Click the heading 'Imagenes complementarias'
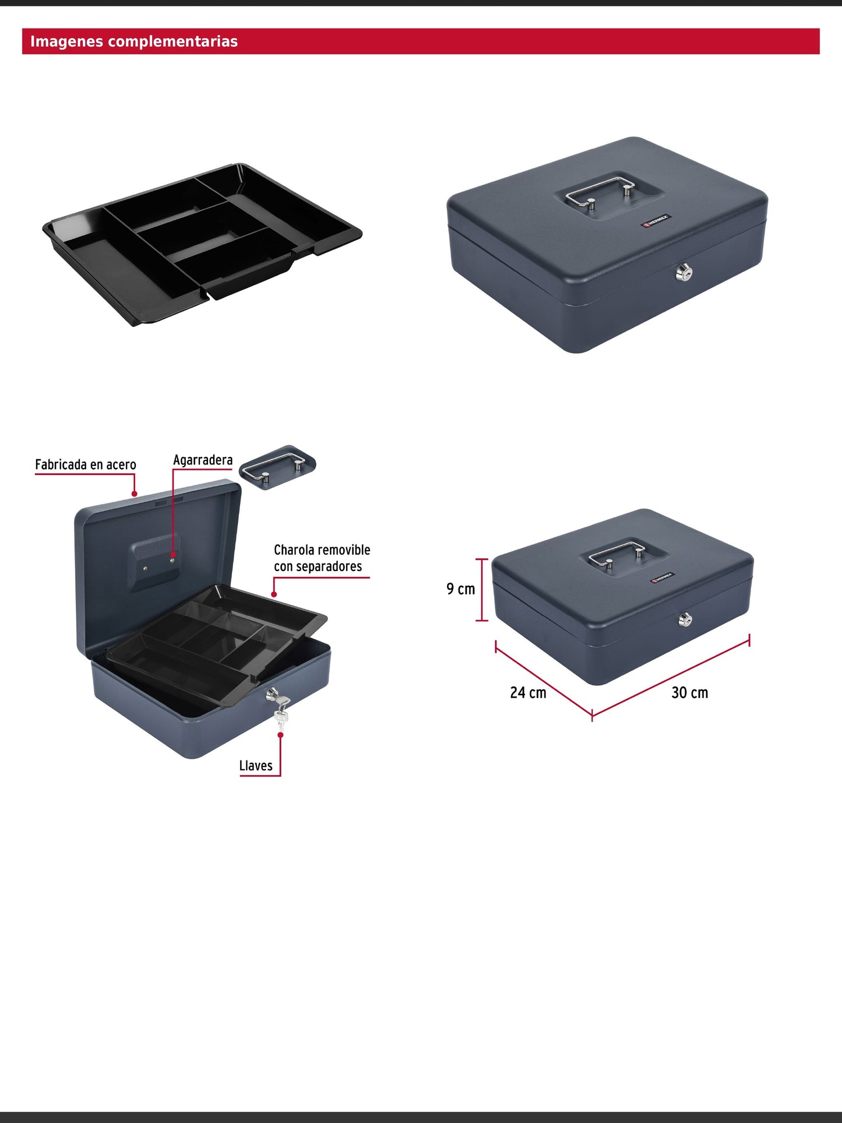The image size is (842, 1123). (x=134, y=41)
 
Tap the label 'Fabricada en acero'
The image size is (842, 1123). (x=86, y=464)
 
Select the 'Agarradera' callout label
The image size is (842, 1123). (x=203, y=460)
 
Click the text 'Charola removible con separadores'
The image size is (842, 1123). (x=322, y=558)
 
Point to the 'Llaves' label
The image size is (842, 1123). (x=256, y=766)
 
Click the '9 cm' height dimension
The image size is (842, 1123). (x=460, y=589)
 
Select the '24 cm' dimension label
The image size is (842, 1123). (x=528, y=693)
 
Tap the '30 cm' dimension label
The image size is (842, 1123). (x=690, y=693)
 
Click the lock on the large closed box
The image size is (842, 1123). (x=683, y=272)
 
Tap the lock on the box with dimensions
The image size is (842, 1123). (x=685, y=620)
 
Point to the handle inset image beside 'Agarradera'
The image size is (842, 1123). (x=278, y=468)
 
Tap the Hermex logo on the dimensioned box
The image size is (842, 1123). (x=662, y=578)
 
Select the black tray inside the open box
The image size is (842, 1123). (x=216, y=641)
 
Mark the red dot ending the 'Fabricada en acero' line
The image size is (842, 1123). (x=135, y=494)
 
